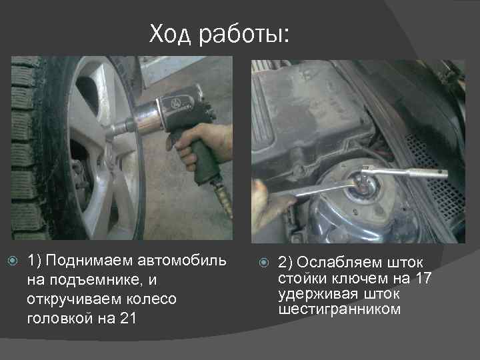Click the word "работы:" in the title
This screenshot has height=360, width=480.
tap(245, 35)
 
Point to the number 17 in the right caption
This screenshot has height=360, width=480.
tap(420, 277)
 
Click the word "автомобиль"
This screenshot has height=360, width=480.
tap(189, 259)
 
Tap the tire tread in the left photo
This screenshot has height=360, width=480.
tap(25, 147)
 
